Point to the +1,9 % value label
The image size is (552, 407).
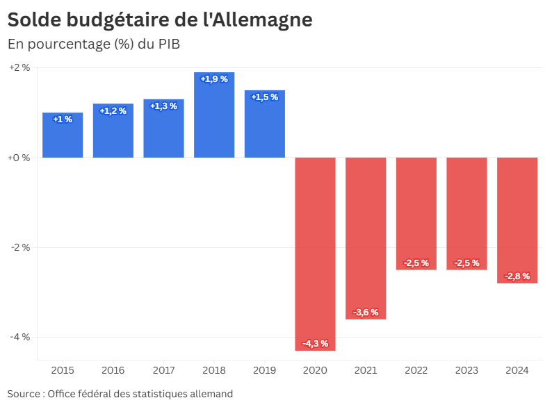tap(214, 79)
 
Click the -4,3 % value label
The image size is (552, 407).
tap(315, 343)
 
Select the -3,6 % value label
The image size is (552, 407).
tap(366, 313)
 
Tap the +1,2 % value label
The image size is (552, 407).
tap(113, 111)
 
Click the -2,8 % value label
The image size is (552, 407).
tap(517, 276)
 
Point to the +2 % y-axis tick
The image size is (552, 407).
tap(19, 68)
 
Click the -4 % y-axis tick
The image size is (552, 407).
tap(19, 337)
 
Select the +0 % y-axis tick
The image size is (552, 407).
tap(19, 158)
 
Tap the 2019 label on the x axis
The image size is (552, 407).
tap(264, 371)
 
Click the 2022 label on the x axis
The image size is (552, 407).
tap(416, 371)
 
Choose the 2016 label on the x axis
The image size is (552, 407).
tap(113, 371)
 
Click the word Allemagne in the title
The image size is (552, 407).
tap(262, 20)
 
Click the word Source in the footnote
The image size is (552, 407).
tap(23, 394)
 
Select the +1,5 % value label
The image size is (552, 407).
tap(264, 97)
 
